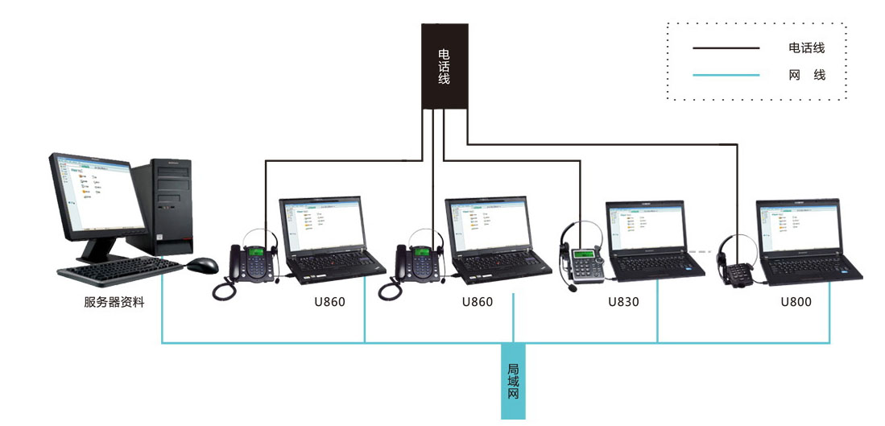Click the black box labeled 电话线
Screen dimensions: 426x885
(x=445, y=66)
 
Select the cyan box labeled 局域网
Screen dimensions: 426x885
(x=513, y=381)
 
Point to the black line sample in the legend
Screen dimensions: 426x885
(x=726, y=48)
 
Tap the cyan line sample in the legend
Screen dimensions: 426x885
(x=726, y=75)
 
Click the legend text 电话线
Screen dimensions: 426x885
(x=807, y=48)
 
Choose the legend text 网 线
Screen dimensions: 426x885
(x=807, y=75)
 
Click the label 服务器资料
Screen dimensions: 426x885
(x=114, y=303)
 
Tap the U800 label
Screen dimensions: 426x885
(x=796, y=303)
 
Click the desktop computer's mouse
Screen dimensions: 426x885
(x=203, y=264)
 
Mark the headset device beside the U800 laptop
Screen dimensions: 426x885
(x=735, y=262)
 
